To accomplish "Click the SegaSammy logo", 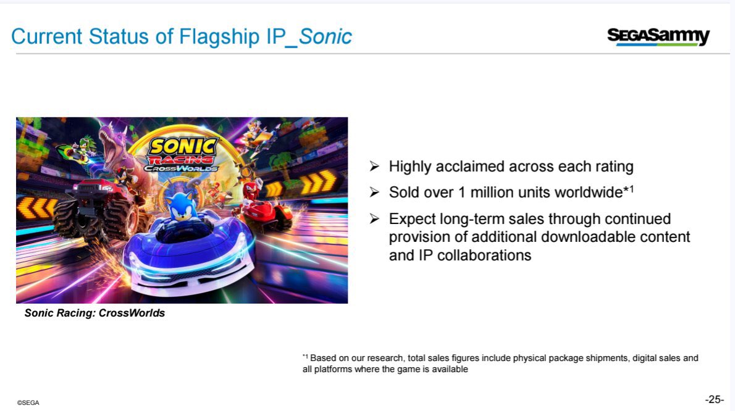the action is (658, 36).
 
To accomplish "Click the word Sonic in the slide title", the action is (325, 36).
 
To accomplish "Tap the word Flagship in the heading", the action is (219, 37).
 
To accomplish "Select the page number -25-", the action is (715, 399).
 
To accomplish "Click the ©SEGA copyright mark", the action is (28, 402).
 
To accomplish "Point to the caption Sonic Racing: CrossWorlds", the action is (94, 313).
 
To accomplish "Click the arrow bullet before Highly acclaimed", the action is (374, 166).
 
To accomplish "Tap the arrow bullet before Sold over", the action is (374, 192).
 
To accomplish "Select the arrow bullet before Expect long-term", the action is (374, 218).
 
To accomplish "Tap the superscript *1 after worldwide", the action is (629, 189).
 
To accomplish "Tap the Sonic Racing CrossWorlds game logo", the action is (182, 154).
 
